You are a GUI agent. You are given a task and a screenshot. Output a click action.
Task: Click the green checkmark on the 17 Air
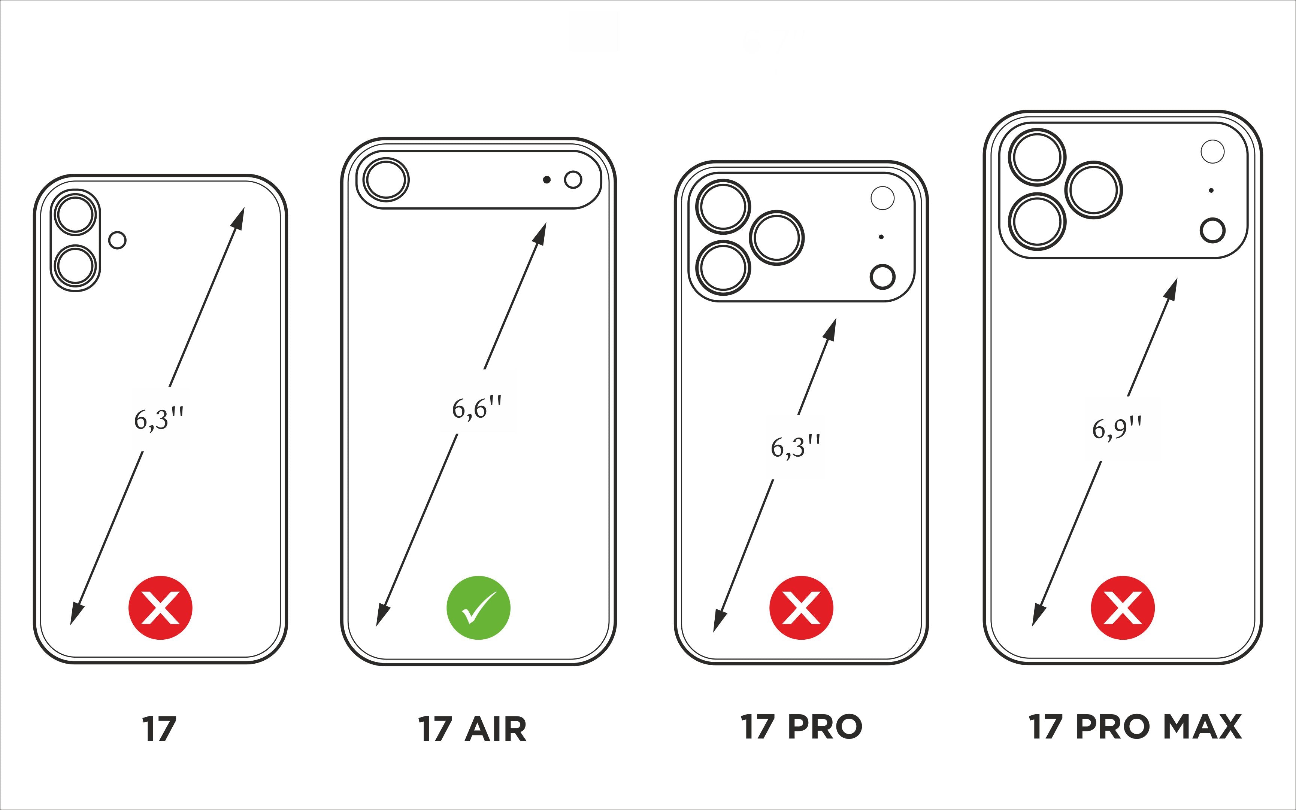pyautogui.click(x=478, y=608)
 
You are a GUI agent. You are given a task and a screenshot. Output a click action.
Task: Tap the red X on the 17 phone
pyautogui.click(x=160, y=608)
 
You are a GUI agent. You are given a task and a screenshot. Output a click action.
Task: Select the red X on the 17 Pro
pyautogui.click(x=801, y=608)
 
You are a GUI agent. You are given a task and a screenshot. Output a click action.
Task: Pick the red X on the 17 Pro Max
pyautogui.click(x=1123, y=608)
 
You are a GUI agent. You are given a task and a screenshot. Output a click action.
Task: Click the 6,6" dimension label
pyautogui.click(x=477, y=408)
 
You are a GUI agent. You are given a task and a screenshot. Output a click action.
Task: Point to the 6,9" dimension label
pyautogui.click(x=1117, y=428)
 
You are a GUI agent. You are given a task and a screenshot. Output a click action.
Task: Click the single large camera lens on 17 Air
pyautogui.click(x=386, y=179)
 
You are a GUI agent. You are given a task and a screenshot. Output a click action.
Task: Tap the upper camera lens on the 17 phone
pyautogui.click(x=76, y=214)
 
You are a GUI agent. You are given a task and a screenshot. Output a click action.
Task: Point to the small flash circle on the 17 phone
pyautogui.click(x=117, y=240)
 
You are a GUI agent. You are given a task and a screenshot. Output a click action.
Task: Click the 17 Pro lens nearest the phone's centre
pyautogui.click(x=776, y=238)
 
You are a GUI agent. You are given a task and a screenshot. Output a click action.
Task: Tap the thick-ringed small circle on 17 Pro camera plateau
pyautogui.click(x=882, y=277)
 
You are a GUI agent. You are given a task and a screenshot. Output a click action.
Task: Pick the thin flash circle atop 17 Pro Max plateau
pyautogui.click(x=1212, y=152)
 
